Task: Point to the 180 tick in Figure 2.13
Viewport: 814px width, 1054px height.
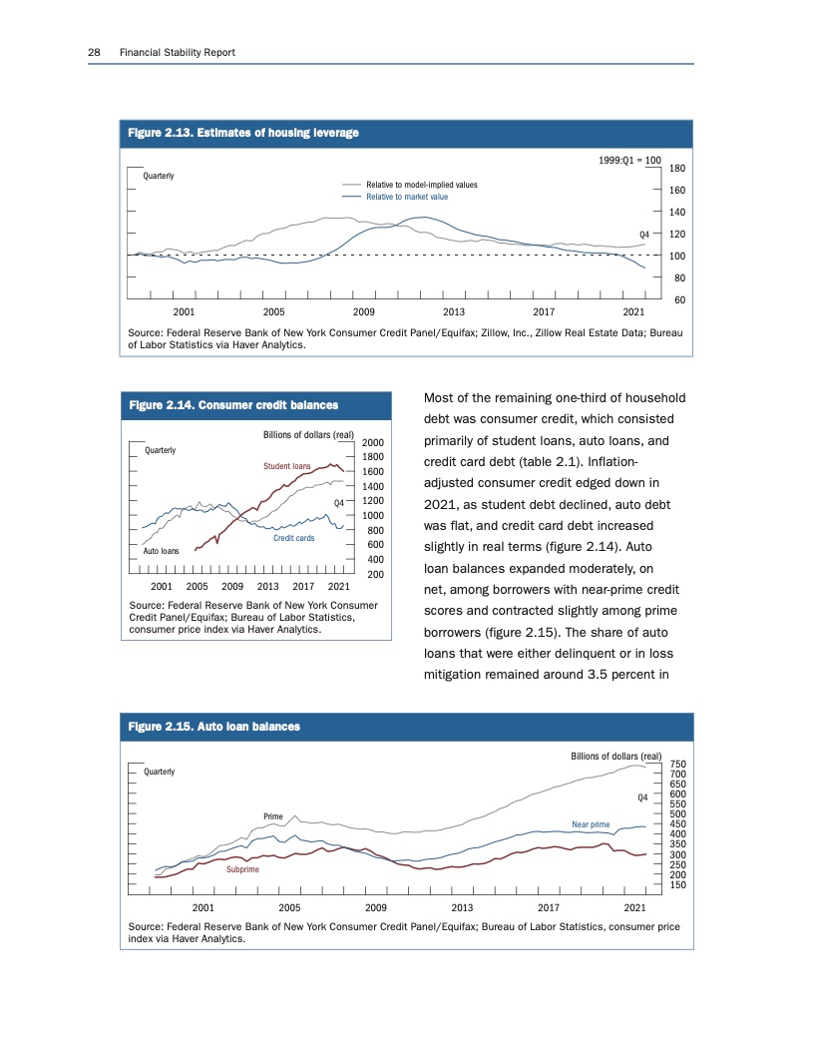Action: coord(677,169)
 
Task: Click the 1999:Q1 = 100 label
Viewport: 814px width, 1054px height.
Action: coord(633,160)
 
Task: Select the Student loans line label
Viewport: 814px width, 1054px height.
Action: coord(287,465)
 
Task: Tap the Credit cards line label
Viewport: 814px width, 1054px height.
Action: coord(294,539)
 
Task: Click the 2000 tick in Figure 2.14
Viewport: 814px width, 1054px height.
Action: coord(374,442)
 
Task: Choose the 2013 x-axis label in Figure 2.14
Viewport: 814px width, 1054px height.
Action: coord(268,586)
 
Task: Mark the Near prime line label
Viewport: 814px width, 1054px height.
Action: coord(591,824)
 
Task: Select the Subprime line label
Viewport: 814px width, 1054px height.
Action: coord(242,870)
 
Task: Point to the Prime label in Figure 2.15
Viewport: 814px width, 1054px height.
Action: coord(274,816)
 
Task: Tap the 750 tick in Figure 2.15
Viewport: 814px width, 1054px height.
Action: coord(677,764)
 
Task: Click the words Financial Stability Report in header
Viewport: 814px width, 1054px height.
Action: coord(177,52)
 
